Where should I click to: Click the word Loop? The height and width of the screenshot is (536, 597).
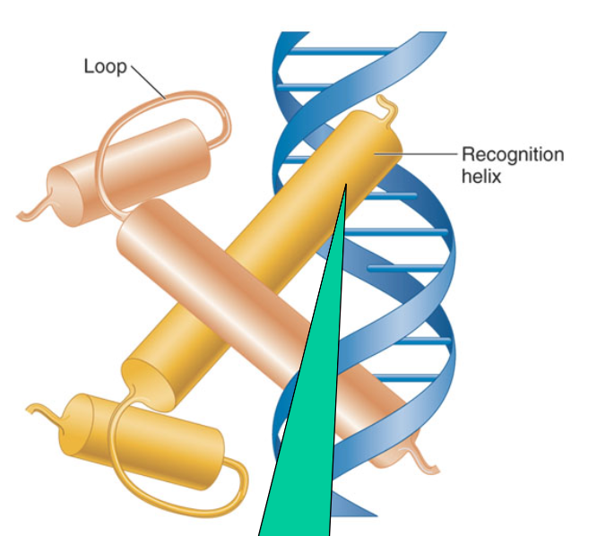105,66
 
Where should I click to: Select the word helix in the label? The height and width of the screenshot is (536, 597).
480,177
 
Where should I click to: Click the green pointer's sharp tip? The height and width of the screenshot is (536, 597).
345,185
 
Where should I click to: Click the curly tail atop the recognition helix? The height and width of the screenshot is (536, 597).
387,106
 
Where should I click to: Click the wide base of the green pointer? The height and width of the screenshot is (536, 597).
296,529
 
